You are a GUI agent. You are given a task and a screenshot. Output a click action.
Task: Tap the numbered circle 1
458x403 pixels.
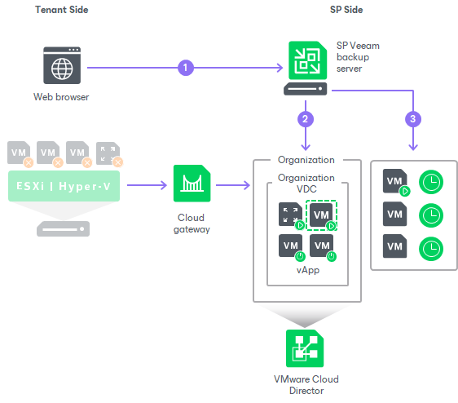click(186, 68)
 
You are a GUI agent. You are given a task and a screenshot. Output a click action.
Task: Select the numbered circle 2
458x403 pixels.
click(306, 119)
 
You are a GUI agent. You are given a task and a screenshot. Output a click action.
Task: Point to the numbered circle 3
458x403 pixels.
click(414, 119)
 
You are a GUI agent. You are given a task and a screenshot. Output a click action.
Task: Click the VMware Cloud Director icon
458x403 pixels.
click(306, 348)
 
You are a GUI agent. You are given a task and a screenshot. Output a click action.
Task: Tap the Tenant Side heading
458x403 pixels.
click(62, 10)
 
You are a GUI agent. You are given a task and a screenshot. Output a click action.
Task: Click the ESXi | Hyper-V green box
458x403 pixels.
click(64, 186)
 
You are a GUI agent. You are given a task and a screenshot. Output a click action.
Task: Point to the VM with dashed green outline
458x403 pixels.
click(322, 215)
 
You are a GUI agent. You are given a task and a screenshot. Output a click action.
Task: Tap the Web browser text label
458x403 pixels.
click(61, 98)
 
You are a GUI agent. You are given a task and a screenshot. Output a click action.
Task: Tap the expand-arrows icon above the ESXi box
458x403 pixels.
click(106, 153)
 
